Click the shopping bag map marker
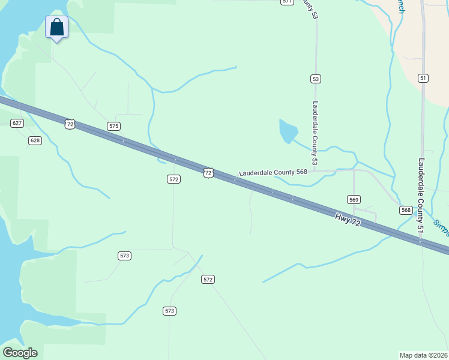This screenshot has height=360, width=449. point(56,28)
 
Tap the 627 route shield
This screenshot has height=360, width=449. point(17,123)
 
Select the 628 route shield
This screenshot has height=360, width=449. point(35,140)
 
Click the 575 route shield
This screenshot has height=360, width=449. point(114,126)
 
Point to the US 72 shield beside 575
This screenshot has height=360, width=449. point(70,124)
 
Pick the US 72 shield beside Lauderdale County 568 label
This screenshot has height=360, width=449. point(208,173)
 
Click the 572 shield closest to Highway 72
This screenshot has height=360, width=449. point(173,179)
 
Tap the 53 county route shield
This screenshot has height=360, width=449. point(316,79)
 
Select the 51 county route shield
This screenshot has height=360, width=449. point(423,78)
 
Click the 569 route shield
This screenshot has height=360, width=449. point(354,199)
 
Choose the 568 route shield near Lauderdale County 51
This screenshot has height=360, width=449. point(406,210)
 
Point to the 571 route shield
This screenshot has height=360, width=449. point(287,2)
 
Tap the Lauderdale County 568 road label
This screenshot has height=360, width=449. point(273,172)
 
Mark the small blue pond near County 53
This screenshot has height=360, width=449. point(288,131)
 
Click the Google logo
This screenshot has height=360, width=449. point(20,353)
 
